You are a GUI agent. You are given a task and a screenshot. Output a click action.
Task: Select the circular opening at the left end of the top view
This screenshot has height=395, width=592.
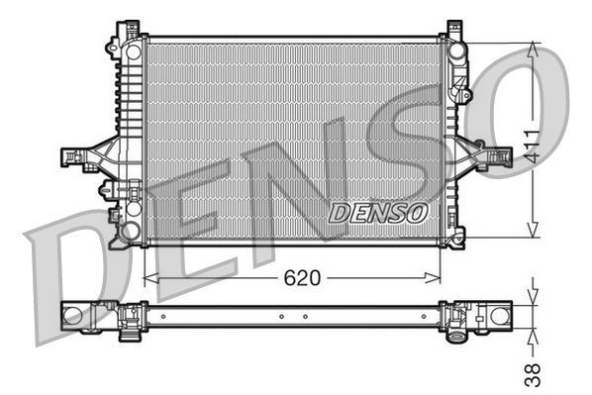point(73,316)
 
